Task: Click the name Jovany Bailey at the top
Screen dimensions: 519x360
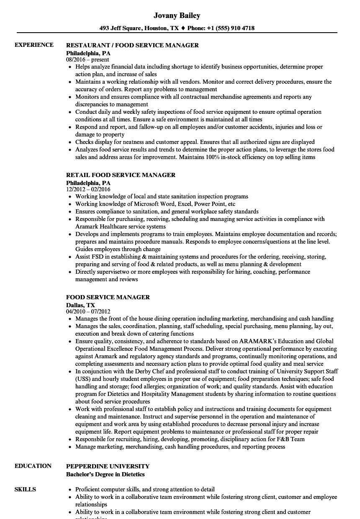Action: pos(177,15)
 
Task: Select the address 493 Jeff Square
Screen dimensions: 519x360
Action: pos(121,28)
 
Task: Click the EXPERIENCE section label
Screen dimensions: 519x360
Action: pos(34,45)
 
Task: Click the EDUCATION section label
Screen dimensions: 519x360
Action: pos(33,466)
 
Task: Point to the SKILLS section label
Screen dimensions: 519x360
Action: pos(25,489)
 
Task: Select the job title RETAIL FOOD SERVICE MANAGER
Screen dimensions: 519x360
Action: pos(121,175)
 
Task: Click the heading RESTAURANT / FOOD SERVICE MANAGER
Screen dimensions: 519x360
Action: pos(132,45)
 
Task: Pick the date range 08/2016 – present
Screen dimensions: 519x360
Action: pos(87,60)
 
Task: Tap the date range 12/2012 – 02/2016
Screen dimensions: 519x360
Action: pos(88,190)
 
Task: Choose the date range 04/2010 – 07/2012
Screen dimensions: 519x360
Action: pos(88,312)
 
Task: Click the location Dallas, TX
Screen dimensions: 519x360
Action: pos(80,305)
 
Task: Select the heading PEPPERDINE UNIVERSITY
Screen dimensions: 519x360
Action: pos(108,466)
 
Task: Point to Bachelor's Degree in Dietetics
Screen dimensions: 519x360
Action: pos(105,474)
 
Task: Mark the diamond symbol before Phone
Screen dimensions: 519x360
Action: pos(183,28)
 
